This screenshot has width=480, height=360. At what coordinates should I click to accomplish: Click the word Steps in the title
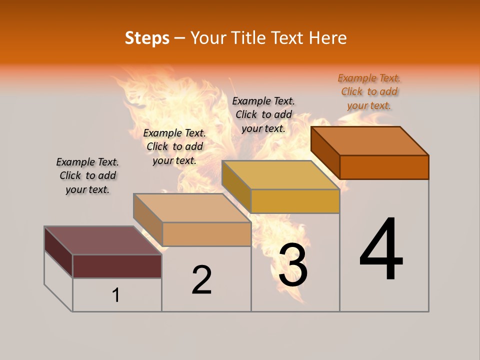(147, 38)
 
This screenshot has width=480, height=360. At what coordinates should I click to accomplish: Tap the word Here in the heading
(327, 38)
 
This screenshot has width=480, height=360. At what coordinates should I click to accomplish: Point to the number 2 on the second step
(201, 279)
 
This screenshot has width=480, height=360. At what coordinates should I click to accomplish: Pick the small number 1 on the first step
(116, 295)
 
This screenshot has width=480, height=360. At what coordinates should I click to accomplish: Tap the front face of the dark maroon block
(117, 266)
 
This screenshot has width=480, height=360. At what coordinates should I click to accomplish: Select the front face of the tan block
(206, 234)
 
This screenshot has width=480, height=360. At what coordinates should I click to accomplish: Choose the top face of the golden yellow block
(280, 175)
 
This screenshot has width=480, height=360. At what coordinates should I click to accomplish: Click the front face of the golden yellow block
(295, 201)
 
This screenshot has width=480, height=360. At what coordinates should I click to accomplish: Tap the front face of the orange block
(384, 167)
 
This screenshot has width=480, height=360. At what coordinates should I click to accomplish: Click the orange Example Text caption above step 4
(369, 92)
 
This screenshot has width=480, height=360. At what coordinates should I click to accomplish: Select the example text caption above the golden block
(263, 115)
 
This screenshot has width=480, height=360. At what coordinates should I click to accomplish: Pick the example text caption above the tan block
(174, 146)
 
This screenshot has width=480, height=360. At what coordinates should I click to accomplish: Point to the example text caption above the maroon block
(87, 175)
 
